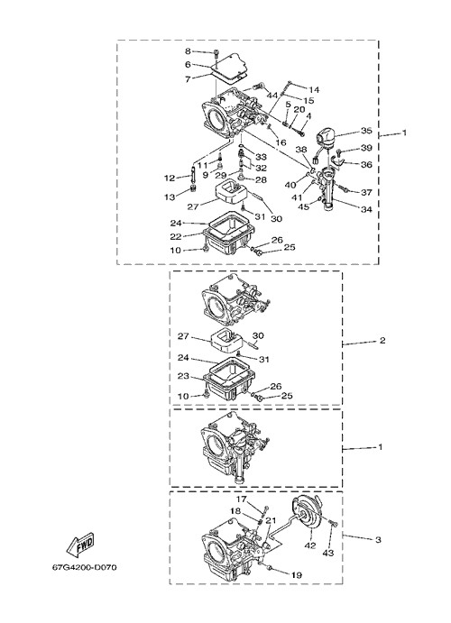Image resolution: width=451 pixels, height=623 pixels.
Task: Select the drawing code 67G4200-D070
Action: pos(84,567)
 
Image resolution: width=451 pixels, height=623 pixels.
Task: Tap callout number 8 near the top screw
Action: pos(188,50)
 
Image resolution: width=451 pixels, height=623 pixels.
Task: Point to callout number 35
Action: pos(366,131)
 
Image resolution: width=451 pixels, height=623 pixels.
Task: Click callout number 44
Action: pos(272,96)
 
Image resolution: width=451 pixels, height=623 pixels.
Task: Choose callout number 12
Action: pos(170,178)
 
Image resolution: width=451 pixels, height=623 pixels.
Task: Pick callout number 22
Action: pos(176,237)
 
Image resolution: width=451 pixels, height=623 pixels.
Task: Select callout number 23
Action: pos(183,376)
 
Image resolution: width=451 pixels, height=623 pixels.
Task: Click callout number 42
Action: pos(310,545)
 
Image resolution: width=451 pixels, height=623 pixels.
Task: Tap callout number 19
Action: pos(297,575)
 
